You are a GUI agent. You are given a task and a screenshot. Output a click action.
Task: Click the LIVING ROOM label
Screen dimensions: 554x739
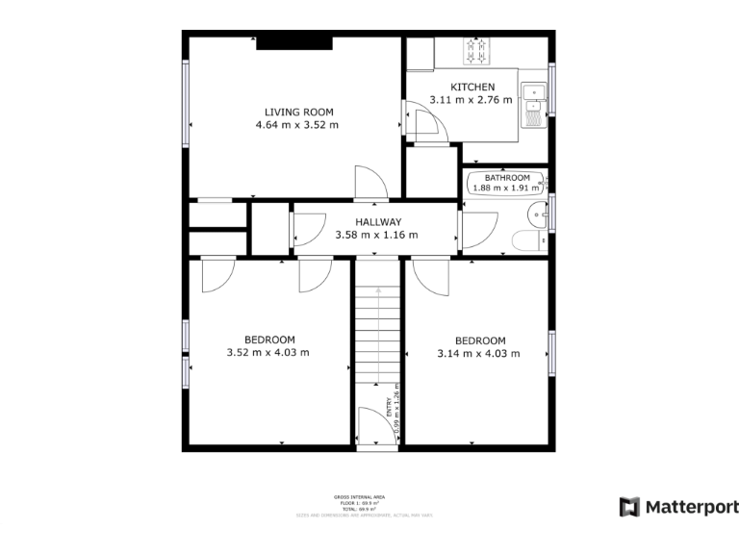coord(296,112)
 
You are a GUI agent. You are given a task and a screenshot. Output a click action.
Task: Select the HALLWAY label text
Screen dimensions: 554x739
coord(376,222)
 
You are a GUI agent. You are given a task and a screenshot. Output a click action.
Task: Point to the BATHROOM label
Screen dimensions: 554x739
coord(506,178)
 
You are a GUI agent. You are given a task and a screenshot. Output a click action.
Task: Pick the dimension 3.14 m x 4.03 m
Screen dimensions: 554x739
coord(478,353)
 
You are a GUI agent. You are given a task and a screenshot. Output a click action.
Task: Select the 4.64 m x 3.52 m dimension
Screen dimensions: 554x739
coord(296,125)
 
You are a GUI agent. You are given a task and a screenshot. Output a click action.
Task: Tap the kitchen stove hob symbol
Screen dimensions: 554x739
coord(476,49)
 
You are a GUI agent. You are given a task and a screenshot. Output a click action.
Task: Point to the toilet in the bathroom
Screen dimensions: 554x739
coord(528,240)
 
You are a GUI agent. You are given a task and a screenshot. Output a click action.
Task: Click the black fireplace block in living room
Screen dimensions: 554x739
coord(293,42)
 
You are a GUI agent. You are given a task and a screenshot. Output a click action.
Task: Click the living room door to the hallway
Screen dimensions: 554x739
coord(369,183)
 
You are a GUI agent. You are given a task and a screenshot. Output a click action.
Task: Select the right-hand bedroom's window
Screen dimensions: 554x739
coord(552,354)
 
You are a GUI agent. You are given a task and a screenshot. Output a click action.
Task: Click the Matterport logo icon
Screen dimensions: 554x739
coord(629,507)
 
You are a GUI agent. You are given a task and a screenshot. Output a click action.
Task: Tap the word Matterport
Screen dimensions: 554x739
coord(691,507)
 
